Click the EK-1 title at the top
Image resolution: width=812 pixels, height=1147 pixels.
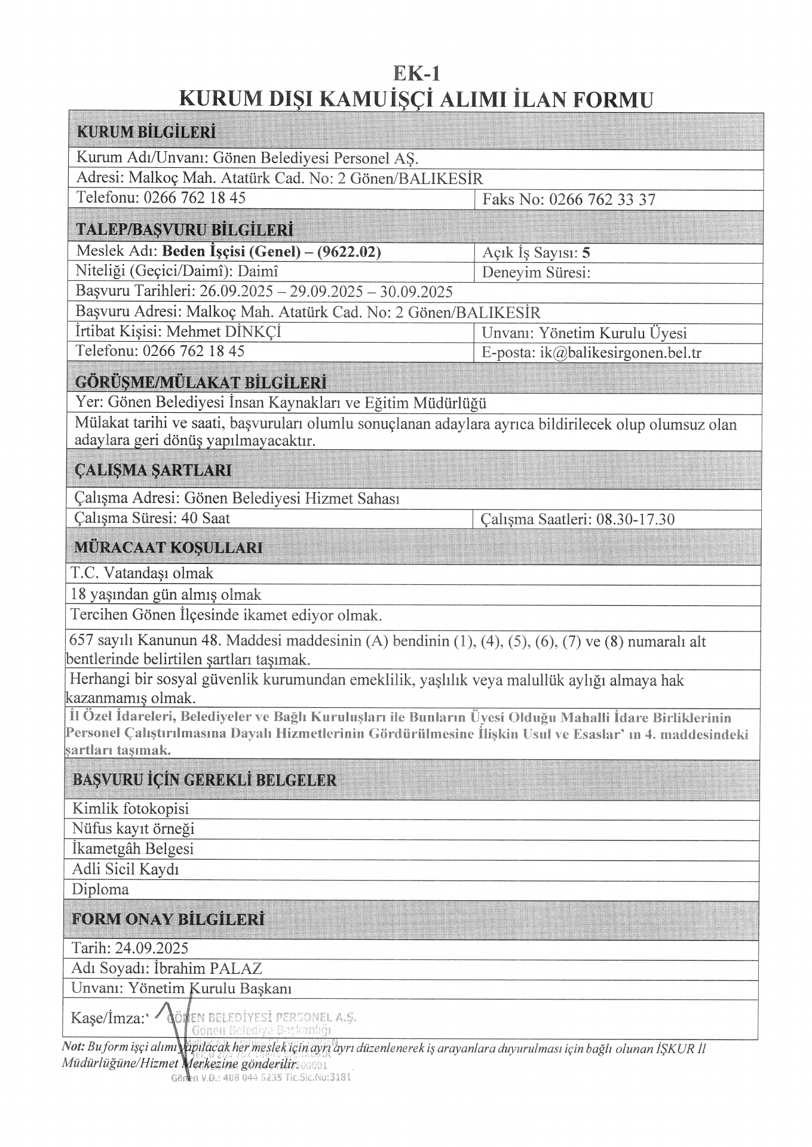(x=416, y=73)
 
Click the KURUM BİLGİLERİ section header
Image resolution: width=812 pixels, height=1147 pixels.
(x=146, y=132)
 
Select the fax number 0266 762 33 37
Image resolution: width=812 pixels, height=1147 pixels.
(x=602, y=200)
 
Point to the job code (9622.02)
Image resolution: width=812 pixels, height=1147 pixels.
(x=348, y=252)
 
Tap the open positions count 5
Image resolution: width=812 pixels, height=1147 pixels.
(x=586, y=252)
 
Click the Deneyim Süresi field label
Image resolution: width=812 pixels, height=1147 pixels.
(x=536, y=272)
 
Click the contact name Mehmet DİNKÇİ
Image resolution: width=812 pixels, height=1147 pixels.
(x=223, y=332)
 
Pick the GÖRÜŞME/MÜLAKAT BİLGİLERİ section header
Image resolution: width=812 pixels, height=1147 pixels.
(x=201, y=382)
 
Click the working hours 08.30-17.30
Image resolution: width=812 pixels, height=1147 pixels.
(x=635, y=519)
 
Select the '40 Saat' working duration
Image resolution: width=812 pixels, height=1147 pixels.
(x=207, y=518)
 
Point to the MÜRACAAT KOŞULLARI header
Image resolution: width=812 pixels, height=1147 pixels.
(x=168, y=547)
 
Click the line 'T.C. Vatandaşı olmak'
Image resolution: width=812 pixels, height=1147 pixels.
(x=142, y=573)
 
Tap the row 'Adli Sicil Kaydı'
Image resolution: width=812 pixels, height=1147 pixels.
(x=125, y=869)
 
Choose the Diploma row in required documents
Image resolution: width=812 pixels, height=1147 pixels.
(x=100, y=889)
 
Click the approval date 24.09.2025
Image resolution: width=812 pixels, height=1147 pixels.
(x=152, y=947)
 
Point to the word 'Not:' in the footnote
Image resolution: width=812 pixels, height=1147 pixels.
(x=73, y=1047)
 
